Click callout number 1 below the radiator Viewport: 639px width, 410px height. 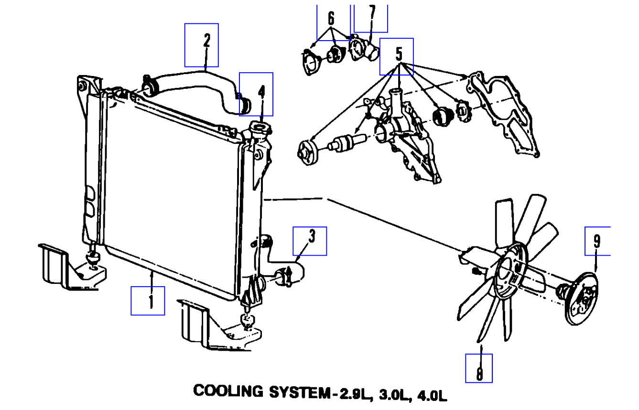click(150, 301)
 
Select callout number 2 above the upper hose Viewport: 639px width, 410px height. click(206, 42)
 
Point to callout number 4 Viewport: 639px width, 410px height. click(261, 91)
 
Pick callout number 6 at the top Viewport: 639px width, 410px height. click(331, 19)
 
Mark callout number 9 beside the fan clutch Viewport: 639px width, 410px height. click(596, 242)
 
